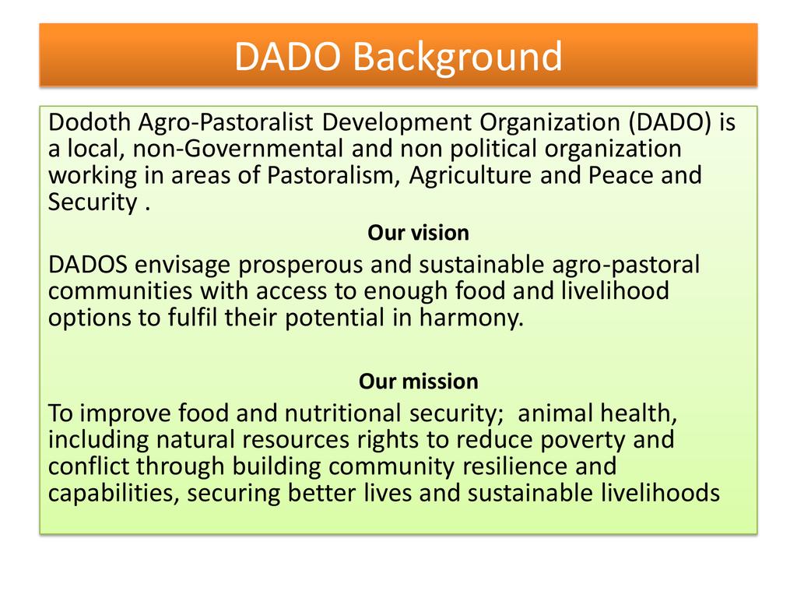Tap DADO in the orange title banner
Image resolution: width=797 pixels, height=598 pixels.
coord(287,56)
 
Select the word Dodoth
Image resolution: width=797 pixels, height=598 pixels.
coord(90,122)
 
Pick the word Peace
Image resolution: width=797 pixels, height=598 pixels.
coord(620,175)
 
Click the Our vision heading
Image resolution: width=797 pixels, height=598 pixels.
coord(418,233)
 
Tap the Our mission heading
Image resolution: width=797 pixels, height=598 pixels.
coord(418,382)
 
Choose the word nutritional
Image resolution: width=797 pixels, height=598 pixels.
coord(343,413)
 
